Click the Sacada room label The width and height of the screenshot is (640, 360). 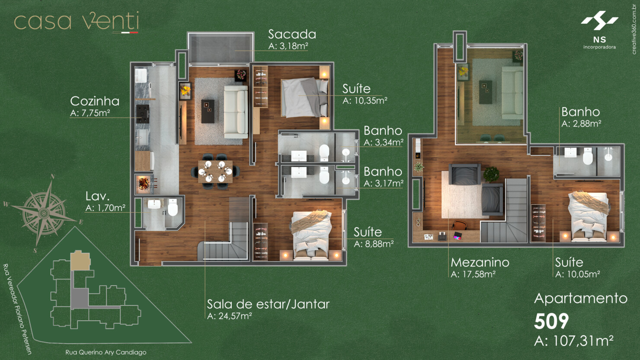click(292, 34)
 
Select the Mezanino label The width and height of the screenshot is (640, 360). click(480, 262)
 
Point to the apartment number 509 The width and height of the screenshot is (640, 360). click(551, 322)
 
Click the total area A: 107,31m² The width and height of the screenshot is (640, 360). click(574, 341)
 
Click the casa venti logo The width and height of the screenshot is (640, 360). click(77, 22)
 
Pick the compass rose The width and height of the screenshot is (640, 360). click(44, 212)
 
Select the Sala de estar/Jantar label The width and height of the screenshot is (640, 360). click(268, 304)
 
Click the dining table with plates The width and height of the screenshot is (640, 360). click(215, 171)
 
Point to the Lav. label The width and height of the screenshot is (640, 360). click(97, 196)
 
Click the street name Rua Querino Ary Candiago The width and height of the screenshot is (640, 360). click(106, 352)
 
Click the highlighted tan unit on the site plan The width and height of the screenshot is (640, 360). click(80, 261)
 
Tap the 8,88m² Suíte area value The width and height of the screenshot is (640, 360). click(374, 244)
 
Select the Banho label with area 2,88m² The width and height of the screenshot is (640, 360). click(580, 112)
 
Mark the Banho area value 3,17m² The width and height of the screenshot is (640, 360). click(384, 184)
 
